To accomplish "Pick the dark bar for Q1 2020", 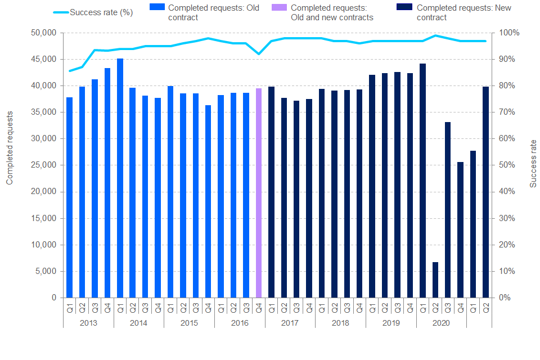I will (422, 180).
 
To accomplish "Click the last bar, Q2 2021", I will (485, 192).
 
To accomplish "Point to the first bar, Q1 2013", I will (70, 197).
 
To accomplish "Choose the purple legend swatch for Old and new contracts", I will (282, 8).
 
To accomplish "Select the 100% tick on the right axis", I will (505, 33).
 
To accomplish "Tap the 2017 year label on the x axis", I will (290, 323).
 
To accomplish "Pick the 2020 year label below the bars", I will (441, 323).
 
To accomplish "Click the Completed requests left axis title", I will (10, 147).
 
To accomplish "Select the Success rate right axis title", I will (533, 164).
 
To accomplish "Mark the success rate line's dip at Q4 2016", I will (259, 54).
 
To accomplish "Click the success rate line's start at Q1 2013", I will (70, 71).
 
